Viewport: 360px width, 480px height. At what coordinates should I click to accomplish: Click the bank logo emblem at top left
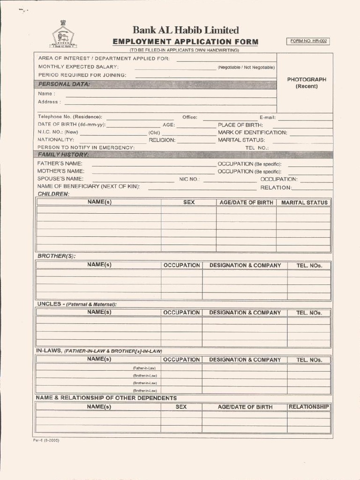click(x=63, y=35)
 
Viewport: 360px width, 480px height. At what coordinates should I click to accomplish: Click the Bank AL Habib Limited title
click(x=185, y=30)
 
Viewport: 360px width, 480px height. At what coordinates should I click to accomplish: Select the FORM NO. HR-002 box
click(x=307, y=41)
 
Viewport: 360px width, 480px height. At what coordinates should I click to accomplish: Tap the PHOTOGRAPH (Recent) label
click(x=307, y=82)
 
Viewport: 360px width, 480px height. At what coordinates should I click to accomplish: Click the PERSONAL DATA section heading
click(x=64, y=84)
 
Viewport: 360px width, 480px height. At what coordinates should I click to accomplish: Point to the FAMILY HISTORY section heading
click(x=63, y=155)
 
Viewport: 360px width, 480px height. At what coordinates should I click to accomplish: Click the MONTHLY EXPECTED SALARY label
click(x=78, y=67)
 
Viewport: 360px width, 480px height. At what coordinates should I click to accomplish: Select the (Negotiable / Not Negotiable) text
click(x=246, y=67)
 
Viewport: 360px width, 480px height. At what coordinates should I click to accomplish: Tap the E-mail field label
click(x=267, y=117)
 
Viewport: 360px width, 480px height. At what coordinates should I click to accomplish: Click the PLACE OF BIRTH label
click(x=240, y=125)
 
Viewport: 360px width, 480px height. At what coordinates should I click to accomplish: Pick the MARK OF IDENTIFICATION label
click(x=252, y=133)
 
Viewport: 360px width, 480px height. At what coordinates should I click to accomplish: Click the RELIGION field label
click(x=162, y=140)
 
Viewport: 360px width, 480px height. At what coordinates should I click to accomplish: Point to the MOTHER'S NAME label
click(x=60, y=171)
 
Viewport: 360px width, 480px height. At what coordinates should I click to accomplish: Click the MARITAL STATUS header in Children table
click(x=304, y=202)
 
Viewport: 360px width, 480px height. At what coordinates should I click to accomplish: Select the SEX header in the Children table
click(x=189, y=202)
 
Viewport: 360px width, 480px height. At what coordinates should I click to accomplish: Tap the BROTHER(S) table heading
click(x=56, y=256)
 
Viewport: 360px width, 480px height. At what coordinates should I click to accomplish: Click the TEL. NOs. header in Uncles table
click(x=309, y=313)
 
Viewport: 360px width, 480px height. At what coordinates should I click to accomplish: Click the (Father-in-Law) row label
click(x=144, y=368)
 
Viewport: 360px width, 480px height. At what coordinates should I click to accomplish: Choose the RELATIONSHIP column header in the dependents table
click(x=308, y=407)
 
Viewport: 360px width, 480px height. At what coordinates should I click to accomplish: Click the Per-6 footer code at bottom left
click(x=46, y=441)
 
